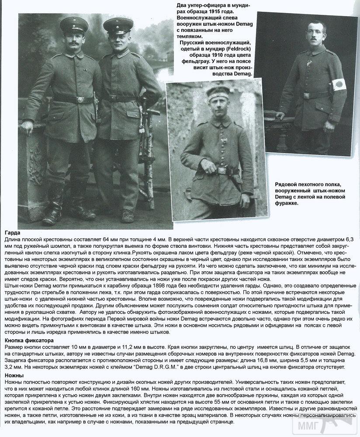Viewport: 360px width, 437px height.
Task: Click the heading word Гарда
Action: (x=12, y=233)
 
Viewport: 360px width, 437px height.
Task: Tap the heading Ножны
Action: (x=14, y=375)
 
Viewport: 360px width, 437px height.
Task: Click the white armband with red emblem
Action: (x=339, y=83)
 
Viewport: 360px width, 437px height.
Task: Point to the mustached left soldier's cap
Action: (x=74, y=25)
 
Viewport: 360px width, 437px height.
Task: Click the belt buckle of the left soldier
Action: (x=80, y=100)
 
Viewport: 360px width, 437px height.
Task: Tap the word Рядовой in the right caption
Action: (x=287, y=185)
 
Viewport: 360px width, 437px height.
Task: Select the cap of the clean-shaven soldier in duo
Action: (x=118, y=25)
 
